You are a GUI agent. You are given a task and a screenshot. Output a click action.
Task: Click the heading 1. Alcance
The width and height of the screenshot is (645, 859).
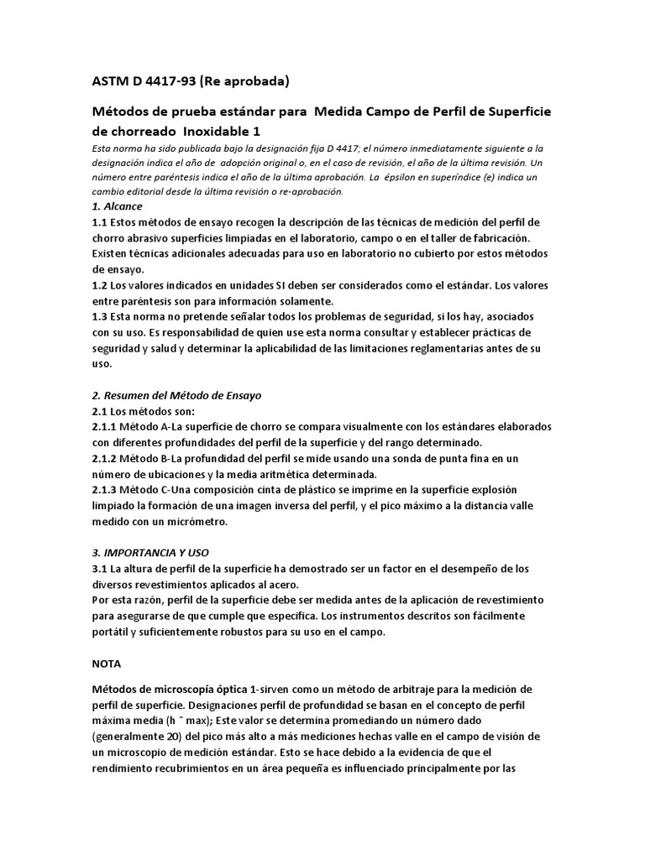pos(117,206)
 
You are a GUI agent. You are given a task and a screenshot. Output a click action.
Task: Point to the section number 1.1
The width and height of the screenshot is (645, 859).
pos(100,222)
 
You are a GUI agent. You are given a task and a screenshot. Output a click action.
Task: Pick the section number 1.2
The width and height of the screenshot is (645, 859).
pos(100,285)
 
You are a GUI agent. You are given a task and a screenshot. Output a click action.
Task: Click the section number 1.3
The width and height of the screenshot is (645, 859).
pos(100,317)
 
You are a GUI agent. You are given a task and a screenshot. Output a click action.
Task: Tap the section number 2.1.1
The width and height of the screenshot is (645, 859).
pos(107,427)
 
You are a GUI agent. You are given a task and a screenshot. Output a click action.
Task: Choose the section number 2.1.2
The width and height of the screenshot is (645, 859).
pos(107,458)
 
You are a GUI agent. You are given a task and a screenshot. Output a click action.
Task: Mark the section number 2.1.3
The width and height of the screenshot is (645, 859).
pos(107,490)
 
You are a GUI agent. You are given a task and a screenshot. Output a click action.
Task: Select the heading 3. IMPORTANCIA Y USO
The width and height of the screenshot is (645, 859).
pos(149,553)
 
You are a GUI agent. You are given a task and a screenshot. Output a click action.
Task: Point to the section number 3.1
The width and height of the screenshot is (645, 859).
pos(100,569)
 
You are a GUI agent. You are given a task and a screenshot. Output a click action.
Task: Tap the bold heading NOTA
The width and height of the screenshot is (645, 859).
pos(107,663)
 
